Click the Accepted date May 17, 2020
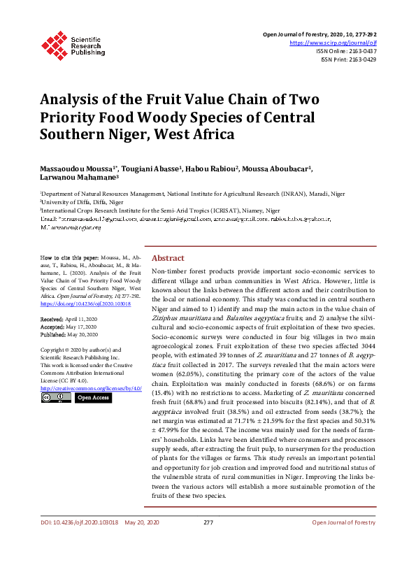click(73, 327)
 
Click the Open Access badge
click(92, 398)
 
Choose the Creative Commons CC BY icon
click(55, 398)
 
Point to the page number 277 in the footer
click(208, 542)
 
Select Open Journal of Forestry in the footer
click(344, 542)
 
